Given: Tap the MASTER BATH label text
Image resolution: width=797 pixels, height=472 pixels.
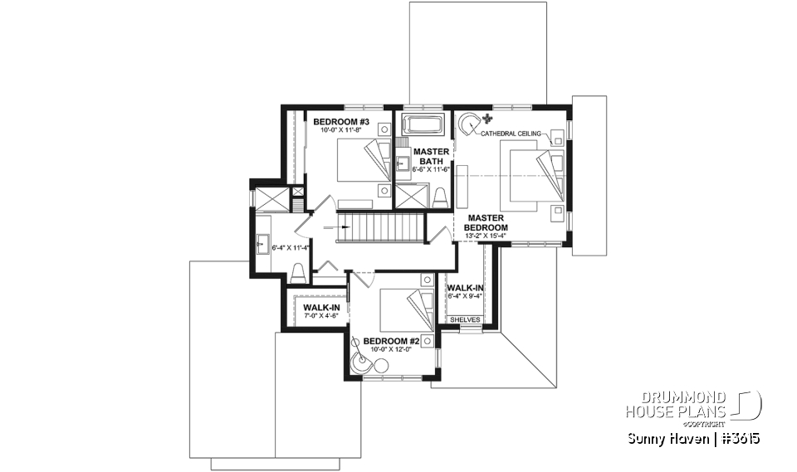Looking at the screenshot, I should tap(431, 156).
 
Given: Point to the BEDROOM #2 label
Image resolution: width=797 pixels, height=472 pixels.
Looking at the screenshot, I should tap(390, 341).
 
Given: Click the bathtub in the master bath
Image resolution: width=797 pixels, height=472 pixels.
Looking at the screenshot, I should tap(423, 126).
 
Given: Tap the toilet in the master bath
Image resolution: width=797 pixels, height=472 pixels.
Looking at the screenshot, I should tap(440, 197).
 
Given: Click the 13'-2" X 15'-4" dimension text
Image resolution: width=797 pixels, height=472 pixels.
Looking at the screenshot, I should tap(487, 236).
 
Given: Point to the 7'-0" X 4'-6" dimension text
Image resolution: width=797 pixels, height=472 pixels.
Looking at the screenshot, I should tap(315, 317).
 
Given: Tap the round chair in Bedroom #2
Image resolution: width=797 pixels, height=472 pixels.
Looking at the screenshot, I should tap(361, 363).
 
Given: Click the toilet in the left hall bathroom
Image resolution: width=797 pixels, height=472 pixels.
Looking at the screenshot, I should tap(297, 273).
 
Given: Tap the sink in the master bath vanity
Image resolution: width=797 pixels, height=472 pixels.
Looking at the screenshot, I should tap(402, 162).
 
